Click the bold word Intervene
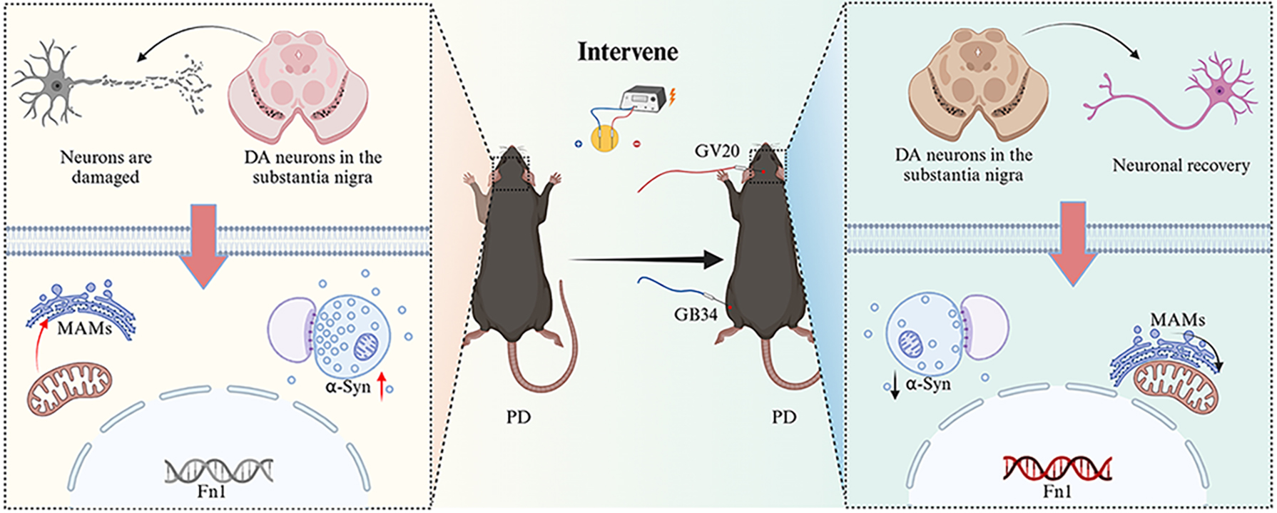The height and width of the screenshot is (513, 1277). pos(628,52)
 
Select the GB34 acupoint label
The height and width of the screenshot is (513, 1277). pos(696,313)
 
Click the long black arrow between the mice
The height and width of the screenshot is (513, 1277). pos(646,260)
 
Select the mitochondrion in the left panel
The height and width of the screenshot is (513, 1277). pos(70,389)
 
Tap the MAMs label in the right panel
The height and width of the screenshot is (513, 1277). pos(1178,320)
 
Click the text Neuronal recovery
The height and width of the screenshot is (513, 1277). pos(1181,166)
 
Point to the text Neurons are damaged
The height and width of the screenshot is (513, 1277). pos(106,166)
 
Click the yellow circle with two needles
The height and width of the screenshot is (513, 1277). pos(609,137)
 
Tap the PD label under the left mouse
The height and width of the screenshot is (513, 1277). pos(519,417)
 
